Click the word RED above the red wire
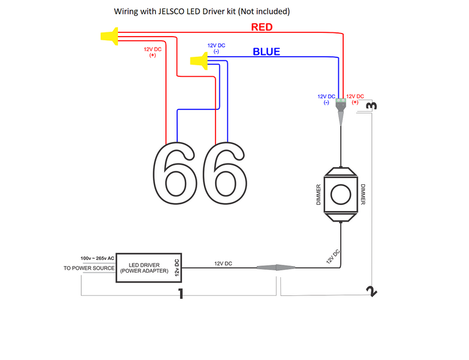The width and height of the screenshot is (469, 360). [x=262, y=27]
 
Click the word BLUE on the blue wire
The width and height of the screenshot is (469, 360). [x=266, y=52]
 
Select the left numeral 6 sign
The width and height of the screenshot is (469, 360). [x=174, y=173]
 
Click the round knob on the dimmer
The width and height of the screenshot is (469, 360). [x=340, y=195]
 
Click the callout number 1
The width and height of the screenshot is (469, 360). [x=180, y=295]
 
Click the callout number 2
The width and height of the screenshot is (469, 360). [x=372, y=291]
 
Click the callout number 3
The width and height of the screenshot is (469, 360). [x=371, y=106]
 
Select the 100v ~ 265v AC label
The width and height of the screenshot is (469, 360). [x=98, y=258]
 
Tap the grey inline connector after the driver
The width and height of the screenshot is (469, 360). [x=277, y=267]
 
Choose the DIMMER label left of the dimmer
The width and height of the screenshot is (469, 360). [x=318, y=195]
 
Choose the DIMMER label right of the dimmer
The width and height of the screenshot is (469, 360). [x=362, y=195]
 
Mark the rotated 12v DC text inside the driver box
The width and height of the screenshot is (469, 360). [x=176, y=268]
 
